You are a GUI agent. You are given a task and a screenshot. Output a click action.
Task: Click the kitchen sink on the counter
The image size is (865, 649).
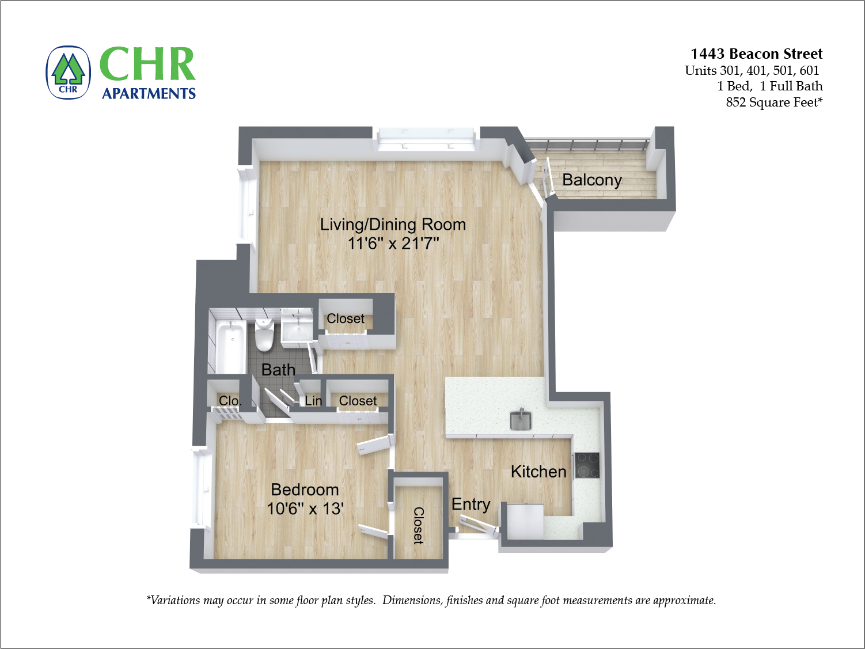coord(521,420)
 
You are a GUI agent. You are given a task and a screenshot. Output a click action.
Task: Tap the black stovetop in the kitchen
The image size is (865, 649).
coord(587,465)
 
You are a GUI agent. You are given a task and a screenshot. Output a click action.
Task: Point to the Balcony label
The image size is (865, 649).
coord(591,180)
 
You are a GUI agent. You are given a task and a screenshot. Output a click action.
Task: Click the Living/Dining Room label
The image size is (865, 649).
coord(393,225)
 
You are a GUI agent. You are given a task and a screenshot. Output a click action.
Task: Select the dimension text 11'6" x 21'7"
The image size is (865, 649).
coord(393,244)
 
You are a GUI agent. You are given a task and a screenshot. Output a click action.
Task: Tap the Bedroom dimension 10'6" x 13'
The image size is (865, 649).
coord(305,509)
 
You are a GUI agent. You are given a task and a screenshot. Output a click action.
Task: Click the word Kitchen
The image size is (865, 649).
coord(538,472)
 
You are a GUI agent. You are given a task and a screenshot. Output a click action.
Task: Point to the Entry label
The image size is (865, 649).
coord(471,504)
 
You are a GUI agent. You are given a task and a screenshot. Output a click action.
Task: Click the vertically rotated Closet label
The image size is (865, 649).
coord(419,525)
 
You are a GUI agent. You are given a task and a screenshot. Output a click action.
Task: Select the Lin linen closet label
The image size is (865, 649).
coord(313,401)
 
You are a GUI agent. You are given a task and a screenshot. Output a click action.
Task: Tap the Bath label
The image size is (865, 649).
coord(278,370)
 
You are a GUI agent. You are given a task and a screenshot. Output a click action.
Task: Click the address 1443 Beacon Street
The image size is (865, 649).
coord(756,54)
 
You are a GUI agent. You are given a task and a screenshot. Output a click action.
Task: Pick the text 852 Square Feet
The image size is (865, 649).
coord(773,103)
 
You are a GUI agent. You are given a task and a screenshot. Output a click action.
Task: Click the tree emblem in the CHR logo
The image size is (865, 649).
coord(68,72)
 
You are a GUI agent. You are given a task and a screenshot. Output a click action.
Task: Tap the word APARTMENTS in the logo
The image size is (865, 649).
coord(149,94)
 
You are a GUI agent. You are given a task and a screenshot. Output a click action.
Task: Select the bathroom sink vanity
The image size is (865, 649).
coord(297,331)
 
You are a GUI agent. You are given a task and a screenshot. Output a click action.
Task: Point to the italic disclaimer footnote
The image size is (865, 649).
coord(431,600)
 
